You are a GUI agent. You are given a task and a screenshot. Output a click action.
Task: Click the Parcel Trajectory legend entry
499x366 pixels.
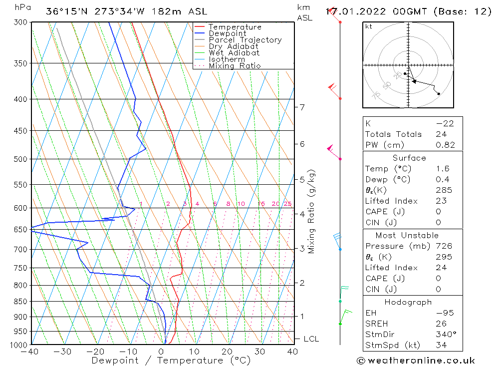pyautogui.click(x=245, y=40)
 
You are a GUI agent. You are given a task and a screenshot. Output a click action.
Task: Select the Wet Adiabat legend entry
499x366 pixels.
pyautogui.click(x=234, y=53)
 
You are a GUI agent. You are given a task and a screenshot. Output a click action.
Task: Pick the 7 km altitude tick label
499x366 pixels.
pyautogui.click(x=302, y=107)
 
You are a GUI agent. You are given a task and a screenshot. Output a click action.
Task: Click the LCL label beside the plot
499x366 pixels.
pyautogui.click(x=311, y=339)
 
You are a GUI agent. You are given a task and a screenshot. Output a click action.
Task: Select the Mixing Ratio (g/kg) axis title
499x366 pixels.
pyautogui.click(x=312, y=212)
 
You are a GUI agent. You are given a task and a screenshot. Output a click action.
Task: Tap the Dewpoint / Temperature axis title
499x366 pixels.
pyautogui.click(x=171, y=361)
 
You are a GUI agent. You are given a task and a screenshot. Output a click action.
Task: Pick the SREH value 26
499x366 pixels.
pyautogui.click(x=441, y=324)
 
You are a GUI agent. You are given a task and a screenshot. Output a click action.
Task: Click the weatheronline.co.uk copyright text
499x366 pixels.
pyautogui.click(x=416, y=361)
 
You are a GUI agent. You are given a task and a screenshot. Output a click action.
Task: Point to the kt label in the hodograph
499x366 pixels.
pyautogui.click(x=368, y=26)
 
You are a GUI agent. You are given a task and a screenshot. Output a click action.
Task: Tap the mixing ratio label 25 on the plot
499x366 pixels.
pyautogui.click(x=287, y=204)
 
